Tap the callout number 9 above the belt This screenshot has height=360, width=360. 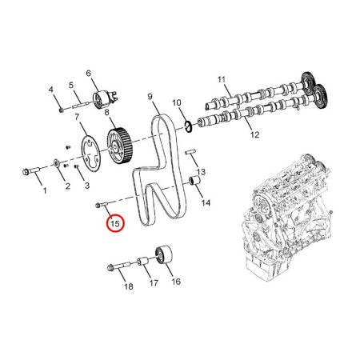150,98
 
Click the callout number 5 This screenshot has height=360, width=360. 70,84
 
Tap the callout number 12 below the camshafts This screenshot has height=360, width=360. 255,136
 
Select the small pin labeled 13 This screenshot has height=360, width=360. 193,152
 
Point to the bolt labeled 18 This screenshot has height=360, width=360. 118,267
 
